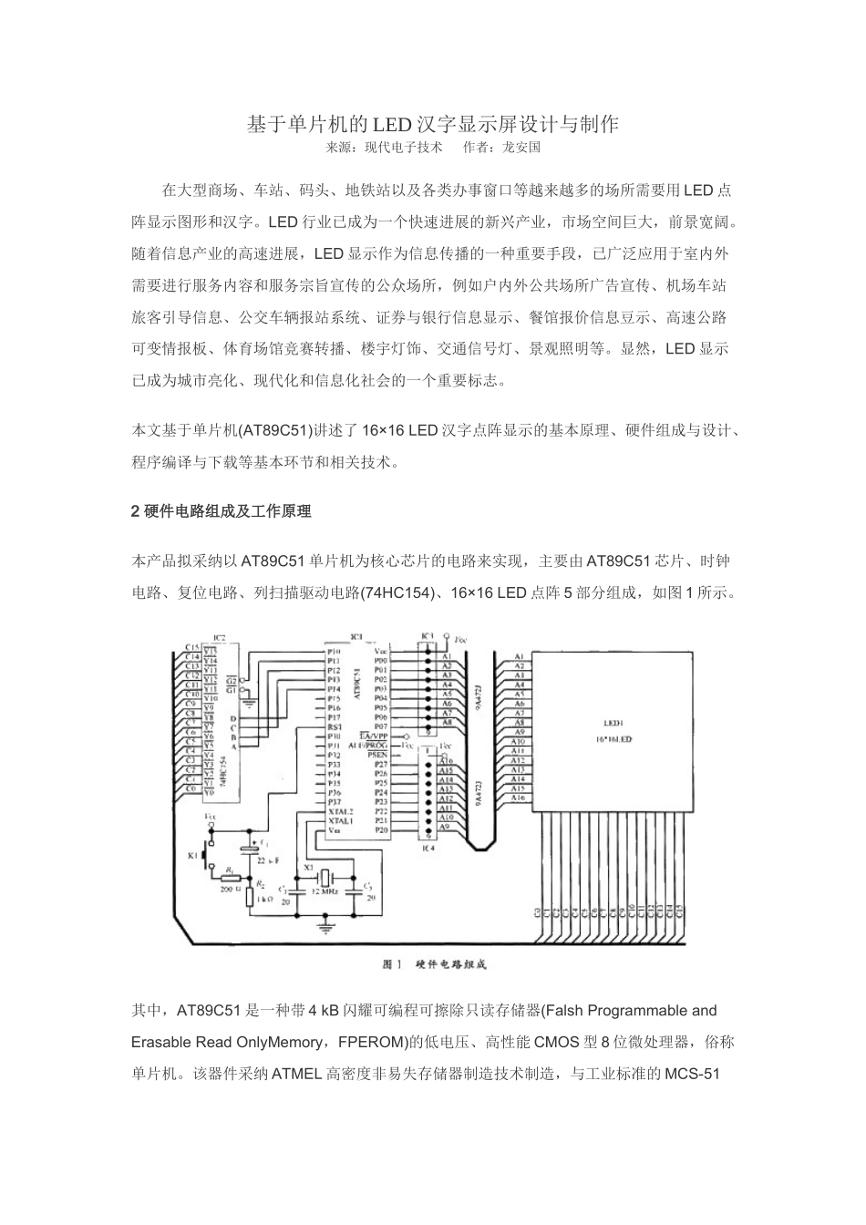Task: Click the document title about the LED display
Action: point(433,124)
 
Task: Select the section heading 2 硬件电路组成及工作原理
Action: point(222,511)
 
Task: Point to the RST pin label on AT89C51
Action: point(334,726)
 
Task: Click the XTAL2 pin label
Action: point(340,810)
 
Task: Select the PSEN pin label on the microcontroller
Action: point(376,755)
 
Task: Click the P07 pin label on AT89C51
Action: point(380,726)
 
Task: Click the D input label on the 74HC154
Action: point(232,718)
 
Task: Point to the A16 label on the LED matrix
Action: point(517,798)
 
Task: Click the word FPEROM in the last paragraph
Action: point(366,1043)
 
